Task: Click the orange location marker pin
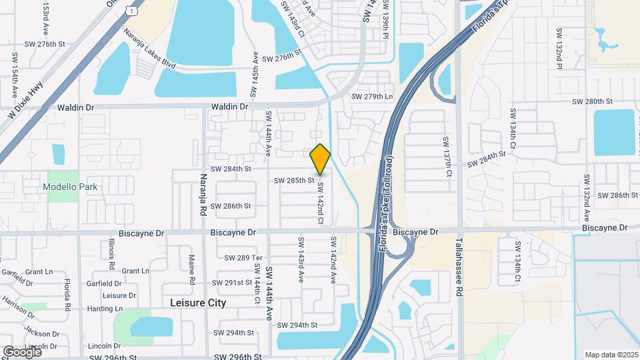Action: pyautogui.click(x=321, y=159)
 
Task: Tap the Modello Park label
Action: pyautogui.click(x=70, y=187)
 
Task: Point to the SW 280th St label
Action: pyautogui.click(x=592, y=101)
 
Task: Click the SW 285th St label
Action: pyautogui.click(x=294, y=180)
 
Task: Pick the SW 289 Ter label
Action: pyautogui.click(x=244, y=257)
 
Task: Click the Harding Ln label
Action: pyautogui.click(x=105, y=309)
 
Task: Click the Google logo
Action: pyautogui.click(x=22, y=351)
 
